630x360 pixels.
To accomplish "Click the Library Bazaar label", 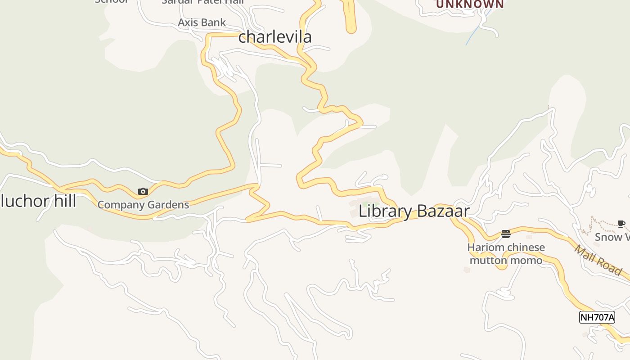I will (414, 211).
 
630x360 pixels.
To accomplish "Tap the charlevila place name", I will (274, 37).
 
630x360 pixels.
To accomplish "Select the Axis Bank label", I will (202, 22).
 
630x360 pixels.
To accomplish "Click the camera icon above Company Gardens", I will (143, 192).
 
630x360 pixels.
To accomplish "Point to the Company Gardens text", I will (143, 205).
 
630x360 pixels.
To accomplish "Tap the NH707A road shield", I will (597, 317).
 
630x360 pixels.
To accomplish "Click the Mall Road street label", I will (598, 260).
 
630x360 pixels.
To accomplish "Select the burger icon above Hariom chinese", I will (506, 234).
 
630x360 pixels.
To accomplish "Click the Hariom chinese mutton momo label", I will (506, 254).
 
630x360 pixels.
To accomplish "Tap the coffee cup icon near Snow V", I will (621, 224).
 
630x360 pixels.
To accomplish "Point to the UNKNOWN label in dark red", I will (470, 4).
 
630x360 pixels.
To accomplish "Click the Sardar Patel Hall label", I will (202, 2).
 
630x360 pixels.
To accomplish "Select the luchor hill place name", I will (38, 201).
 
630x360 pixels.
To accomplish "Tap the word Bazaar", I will (443, 211).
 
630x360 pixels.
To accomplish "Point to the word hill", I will (63, 201).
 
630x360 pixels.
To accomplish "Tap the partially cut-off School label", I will (111, 1).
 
